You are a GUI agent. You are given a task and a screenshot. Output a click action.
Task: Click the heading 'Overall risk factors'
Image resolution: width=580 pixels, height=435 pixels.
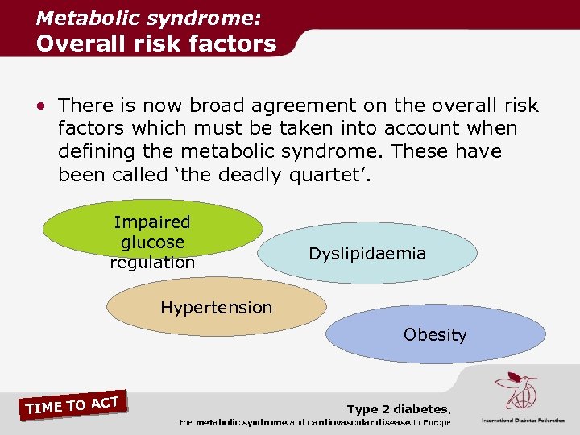click(155, 43)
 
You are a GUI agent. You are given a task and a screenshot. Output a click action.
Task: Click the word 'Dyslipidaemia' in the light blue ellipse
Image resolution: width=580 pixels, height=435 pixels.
click(367, 254)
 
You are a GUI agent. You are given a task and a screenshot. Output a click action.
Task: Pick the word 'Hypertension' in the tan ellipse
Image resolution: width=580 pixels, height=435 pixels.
click(217, 307)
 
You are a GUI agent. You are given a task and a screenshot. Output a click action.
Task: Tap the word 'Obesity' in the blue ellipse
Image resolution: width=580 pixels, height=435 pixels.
click(435, 334)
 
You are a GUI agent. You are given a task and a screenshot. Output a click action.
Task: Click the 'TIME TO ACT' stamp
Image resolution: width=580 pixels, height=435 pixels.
click(72, 405)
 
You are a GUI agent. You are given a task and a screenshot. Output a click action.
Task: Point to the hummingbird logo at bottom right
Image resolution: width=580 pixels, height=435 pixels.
click(516, 391)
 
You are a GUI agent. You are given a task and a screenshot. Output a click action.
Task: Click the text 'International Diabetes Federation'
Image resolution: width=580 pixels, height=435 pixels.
click(523, 420)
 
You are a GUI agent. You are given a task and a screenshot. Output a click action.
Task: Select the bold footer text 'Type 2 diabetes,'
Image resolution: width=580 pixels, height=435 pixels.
click(399, 410)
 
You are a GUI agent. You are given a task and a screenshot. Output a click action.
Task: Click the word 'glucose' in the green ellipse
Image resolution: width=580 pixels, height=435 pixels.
click(152, 242)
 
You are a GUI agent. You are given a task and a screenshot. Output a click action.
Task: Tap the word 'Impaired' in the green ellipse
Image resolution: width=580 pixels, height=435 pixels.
click(152, 222)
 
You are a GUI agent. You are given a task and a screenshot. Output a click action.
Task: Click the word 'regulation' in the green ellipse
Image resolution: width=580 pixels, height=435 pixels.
click(152, 263)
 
